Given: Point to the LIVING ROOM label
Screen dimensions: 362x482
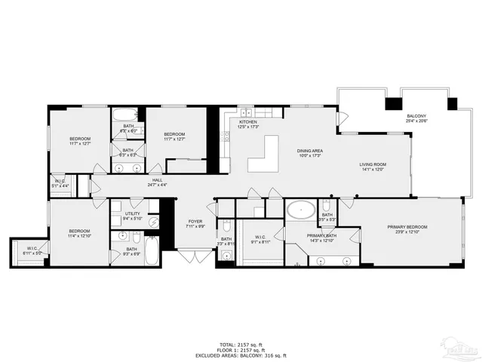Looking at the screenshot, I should [372, 164].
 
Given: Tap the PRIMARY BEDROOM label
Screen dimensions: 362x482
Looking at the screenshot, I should [407, 226].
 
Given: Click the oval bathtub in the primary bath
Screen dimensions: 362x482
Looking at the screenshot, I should [302, 209].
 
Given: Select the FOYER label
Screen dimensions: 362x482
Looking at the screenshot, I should [195, 221].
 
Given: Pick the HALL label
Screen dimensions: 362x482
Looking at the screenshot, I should [157, 179].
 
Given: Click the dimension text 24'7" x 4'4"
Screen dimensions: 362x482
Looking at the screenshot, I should [157, 185].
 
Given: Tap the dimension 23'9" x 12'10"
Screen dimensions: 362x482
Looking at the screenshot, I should [407, 232].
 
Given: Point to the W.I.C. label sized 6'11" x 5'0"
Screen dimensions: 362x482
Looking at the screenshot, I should [32, 249].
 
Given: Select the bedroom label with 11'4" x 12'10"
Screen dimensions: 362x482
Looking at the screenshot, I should [80, 231].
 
